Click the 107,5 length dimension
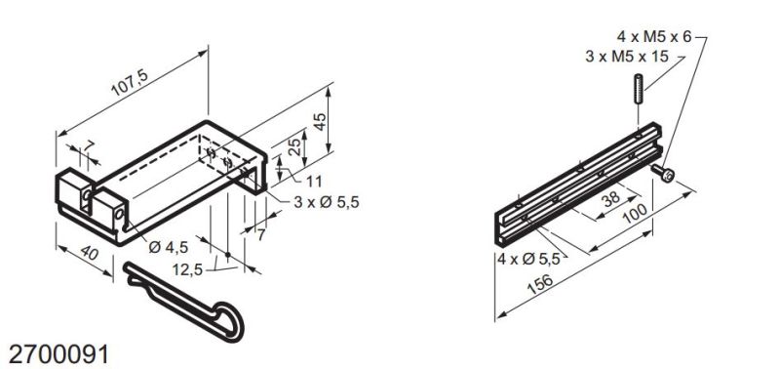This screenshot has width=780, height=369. [127, 85]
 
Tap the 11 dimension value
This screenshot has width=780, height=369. [314, 181]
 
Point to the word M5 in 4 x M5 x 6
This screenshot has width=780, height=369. [659, 36]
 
